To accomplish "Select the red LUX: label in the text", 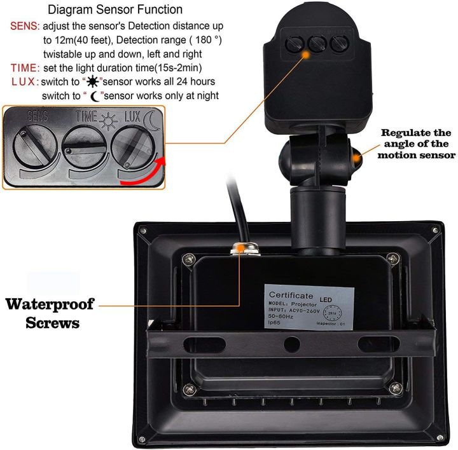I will [x=24, y=82].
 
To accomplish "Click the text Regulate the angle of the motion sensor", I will [x=417, y=144].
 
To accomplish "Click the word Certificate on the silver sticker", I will [x=291, y=295].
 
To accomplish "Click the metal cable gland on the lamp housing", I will [x=242, y=249].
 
